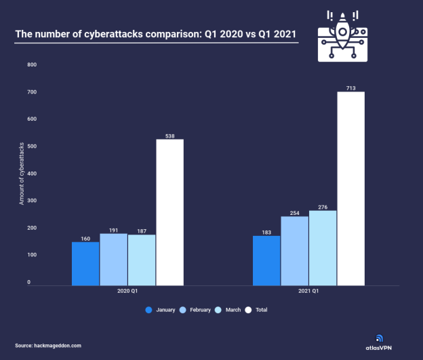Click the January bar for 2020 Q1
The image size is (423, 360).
tap(85, 263)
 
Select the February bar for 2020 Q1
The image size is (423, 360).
tap(114, 259)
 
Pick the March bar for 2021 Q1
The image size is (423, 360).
tap(323, 247)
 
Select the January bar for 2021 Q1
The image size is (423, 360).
tap(266, 260)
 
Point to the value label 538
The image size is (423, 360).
tap(169, 135)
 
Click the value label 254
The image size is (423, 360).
tap(294, 212)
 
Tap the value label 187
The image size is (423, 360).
tap(142, 231)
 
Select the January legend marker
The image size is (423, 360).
tap(148, 310)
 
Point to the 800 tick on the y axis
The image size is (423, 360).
tap(32, 64)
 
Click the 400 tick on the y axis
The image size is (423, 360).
tap(32, 174)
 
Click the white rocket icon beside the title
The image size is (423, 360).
tap(342, 37)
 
